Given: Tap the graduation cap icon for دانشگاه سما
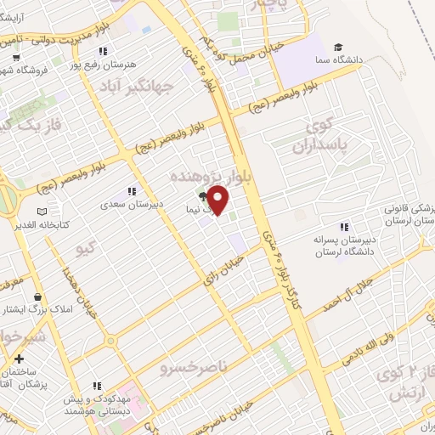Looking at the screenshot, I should pyautogui.click(x=339, y=46).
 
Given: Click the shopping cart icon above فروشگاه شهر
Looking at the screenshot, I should pyautogui.click(x=17, y=57).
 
